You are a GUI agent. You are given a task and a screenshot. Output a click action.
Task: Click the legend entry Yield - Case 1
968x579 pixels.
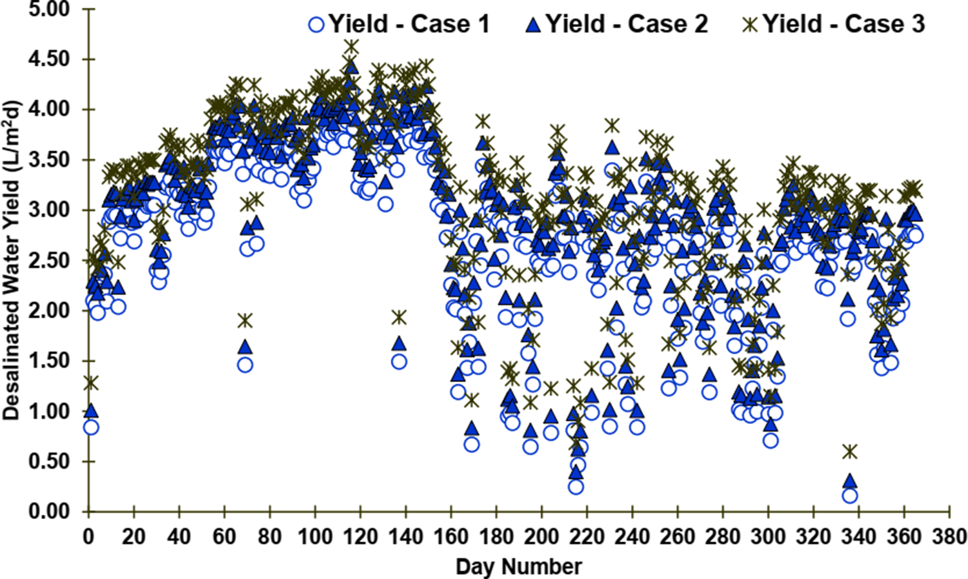(399, 25)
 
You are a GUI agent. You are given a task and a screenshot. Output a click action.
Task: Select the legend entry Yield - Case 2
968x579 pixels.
(616, 25)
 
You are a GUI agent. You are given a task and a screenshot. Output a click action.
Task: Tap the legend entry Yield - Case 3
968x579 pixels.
(834, 25)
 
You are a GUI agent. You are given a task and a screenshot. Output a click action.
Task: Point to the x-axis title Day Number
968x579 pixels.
(518, 567)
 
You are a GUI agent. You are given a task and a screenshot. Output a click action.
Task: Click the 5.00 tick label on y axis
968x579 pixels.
(48, 10)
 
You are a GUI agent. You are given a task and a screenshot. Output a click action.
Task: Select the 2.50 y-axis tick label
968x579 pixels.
(48, 261)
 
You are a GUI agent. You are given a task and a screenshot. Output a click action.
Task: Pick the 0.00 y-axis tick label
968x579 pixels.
(48, 511)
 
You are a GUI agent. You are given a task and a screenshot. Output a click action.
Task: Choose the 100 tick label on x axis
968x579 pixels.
(315, 537)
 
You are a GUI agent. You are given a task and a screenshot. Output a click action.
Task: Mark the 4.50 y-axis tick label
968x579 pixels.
(48, 59)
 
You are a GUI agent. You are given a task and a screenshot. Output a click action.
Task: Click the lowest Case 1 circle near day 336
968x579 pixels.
(850, 495)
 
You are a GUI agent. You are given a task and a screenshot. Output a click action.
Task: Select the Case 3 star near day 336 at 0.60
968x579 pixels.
(850, 451)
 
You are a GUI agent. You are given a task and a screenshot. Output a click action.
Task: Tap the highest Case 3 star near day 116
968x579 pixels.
(351, 47)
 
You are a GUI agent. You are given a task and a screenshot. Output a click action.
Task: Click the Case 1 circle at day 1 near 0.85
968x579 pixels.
(91, 427)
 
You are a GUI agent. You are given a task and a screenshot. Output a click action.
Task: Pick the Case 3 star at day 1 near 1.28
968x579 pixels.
(91, 383)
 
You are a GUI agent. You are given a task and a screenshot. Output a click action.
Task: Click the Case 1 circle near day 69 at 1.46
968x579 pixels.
(245, 365)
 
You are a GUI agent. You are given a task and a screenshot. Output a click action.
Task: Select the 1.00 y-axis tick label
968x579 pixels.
(48, 411)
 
